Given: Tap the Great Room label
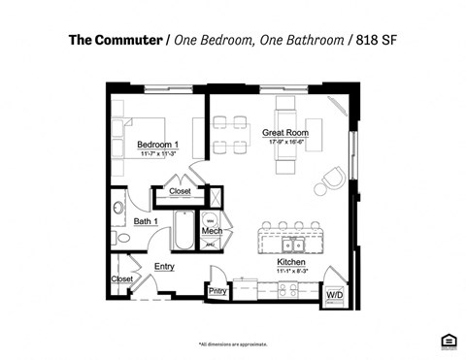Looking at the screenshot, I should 286,132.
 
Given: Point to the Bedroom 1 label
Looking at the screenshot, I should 157,147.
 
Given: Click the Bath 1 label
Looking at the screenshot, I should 146,221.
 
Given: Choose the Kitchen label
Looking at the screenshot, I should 292,262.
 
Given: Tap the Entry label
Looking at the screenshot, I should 164,266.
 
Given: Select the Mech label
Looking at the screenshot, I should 212,231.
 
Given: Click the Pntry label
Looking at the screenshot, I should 218,290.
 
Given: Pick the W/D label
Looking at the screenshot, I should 334,293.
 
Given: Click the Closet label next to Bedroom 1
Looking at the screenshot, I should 181,191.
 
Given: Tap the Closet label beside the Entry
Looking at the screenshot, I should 121,278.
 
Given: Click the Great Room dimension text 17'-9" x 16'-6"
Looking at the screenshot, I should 286,143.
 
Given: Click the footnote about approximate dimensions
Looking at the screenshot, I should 233,344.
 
